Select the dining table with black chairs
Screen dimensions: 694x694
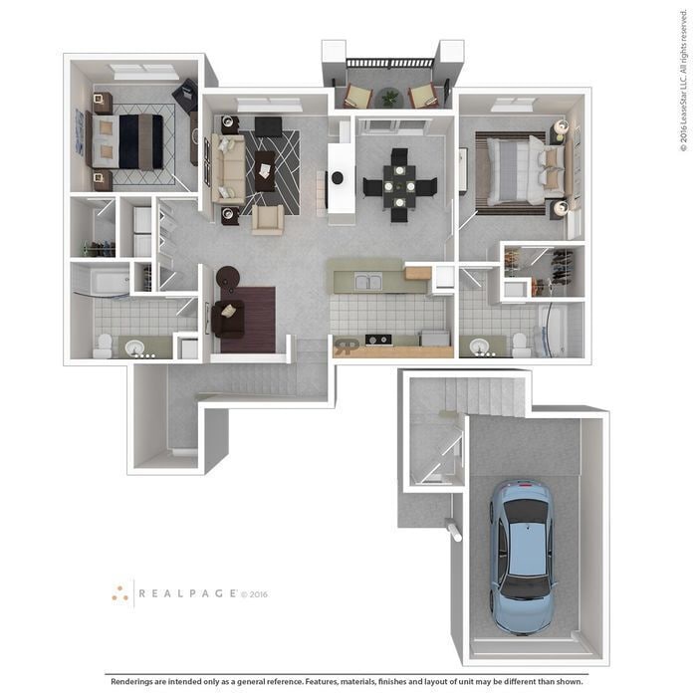399,184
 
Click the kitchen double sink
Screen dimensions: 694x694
367,282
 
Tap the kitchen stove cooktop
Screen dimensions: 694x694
378,340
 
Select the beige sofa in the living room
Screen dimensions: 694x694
229,168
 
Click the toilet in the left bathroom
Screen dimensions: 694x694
103,345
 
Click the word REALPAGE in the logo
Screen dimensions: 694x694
186,593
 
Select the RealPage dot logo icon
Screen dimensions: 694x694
120,593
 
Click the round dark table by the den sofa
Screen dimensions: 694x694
228,278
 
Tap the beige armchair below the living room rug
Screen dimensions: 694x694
267,219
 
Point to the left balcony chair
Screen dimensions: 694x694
357,96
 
